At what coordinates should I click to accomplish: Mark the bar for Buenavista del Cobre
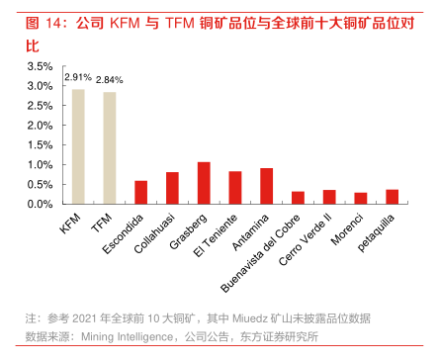[x=298, y=198]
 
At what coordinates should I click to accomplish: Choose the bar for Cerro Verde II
[x=329, y=197]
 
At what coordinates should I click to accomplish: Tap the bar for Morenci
[x=361, y=198]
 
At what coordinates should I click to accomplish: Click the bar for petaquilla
[x=393, y=197]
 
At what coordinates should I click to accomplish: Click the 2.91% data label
[x=78, y=76]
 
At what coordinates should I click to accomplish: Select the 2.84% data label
[x=110, y=79]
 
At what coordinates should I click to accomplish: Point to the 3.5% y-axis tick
[x=41, y=66]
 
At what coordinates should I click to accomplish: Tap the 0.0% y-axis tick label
[x=41, y=204]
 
